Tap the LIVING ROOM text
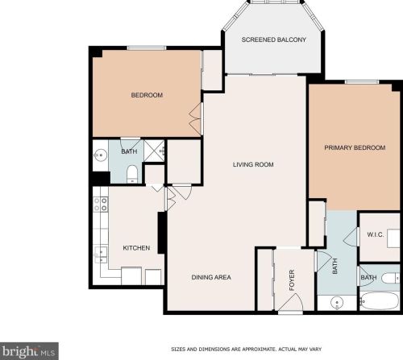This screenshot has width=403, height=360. [x=253, y=164]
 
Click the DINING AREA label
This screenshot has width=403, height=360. [x=211, y=277]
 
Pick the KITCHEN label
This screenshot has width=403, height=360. [x=135, y=248]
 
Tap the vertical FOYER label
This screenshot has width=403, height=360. [x=293, y=279]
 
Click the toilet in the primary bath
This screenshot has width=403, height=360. [x=388, y=279]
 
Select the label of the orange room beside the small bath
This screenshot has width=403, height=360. [x=147, y=95]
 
